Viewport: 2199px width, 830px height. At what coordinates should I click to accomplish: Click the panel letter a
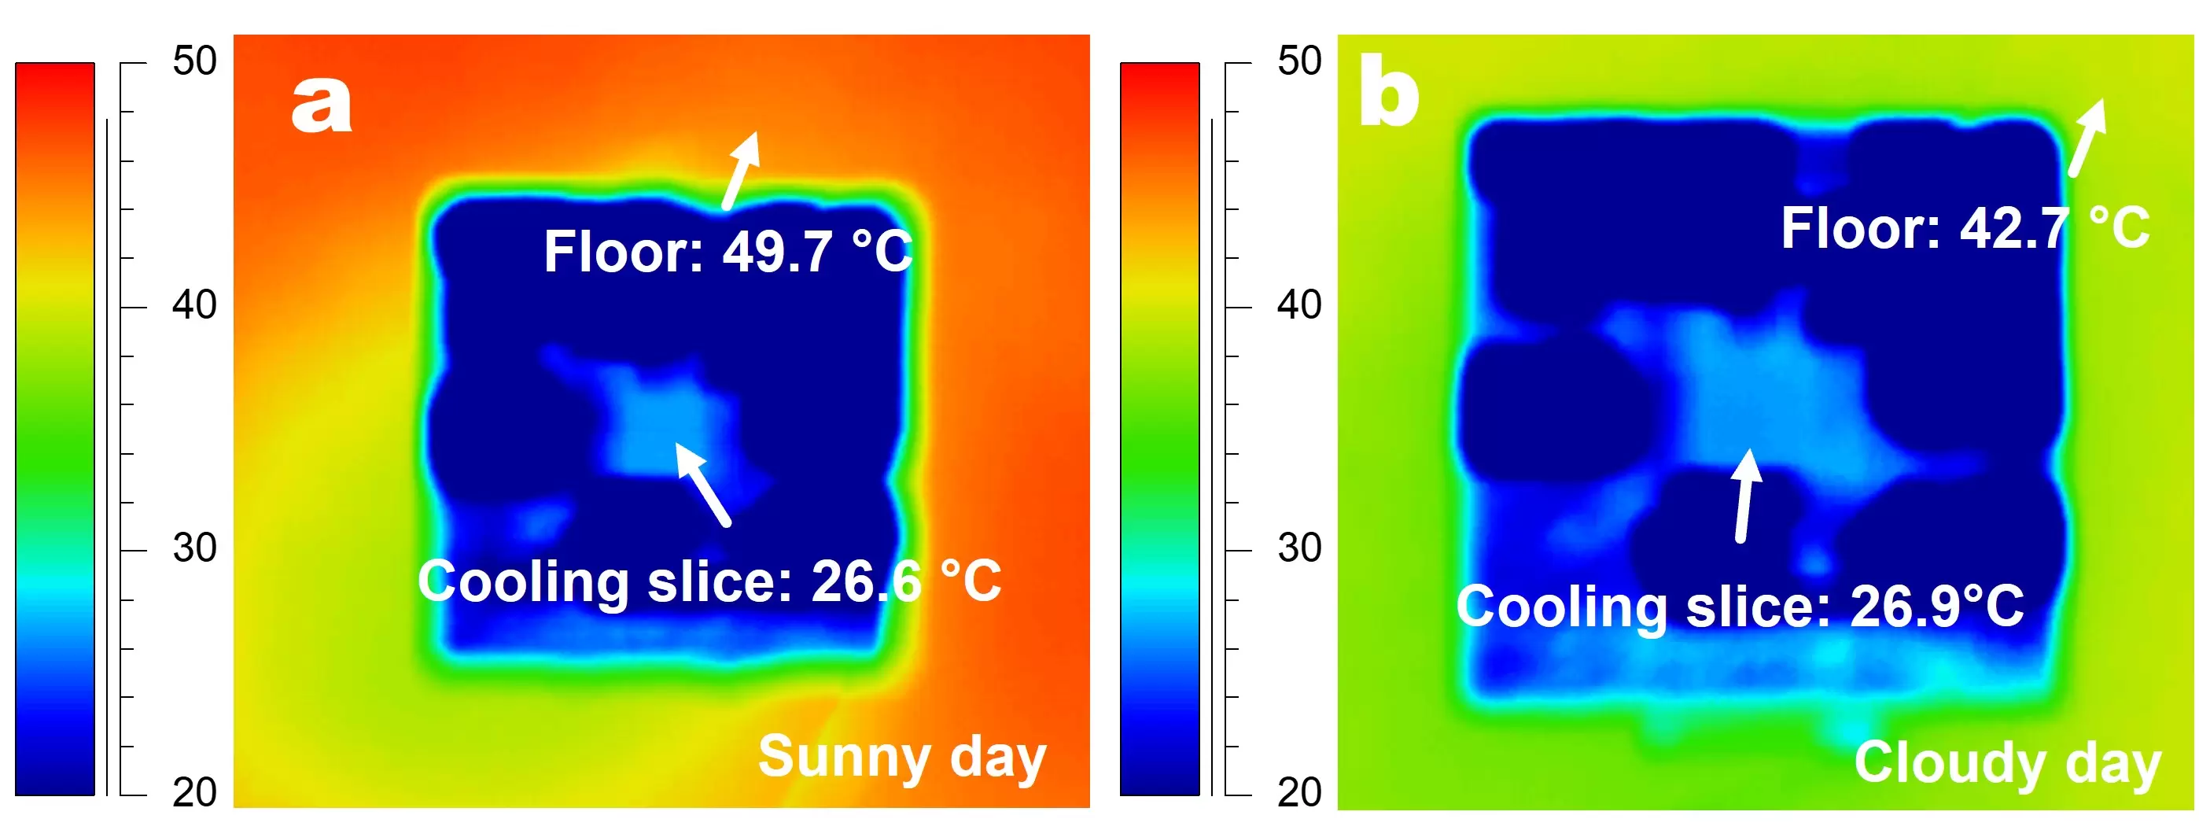tap(321, 105)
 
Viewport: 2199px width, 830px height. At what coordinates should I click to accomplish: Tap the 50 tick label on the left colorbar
tap(194, 61)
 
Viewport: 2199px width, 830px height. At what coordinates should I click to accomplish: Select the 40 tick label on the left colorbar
tap(194, 304)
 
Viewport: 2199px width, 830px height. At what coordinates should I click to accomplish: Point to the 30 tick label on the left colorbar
tap(194, 548)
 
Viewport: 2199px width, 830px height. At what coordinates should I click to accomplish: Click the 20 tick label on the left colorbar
tap(194, 792)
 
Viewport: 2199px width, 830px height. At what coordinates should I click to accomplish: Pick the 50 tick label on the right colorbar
tap(1299, 61)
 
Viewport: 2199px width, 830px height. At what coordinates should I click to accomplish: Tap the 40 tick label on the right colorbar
tap(1299, 304)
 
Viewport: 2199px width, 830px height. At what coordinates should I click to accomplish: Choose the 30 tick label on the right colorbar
tap(1299, 548)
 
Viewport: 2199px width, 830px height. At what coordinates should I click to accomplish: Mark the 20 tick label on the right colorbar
tap(1299, 792)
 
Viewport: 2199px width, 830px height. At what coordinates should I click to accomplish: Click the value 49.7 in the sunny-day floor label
tap(777, 252)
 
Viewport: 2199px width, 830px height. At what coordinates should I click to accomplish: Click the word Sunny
tap(844, 757)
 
